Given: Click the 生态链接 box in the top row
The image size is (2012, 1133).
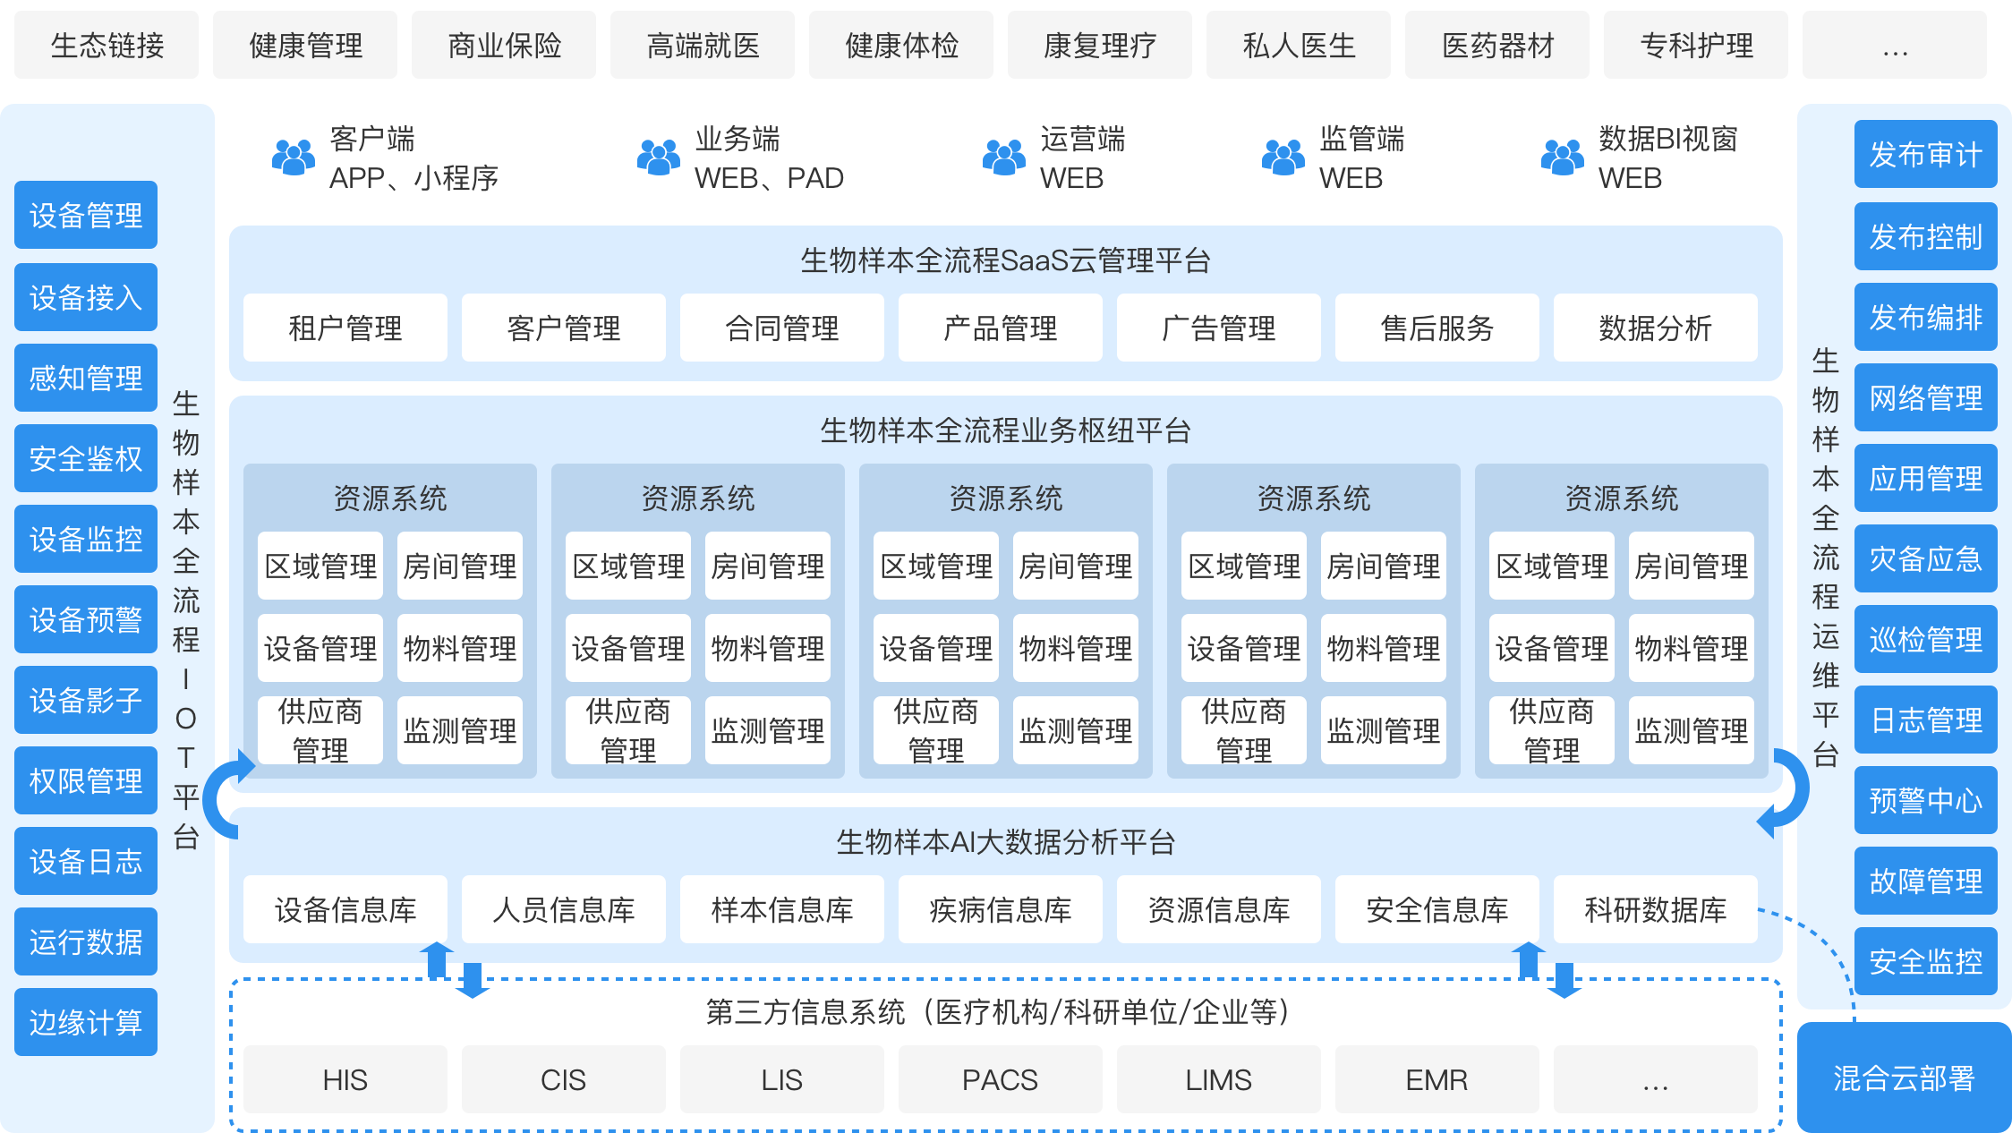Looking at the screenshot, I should click(x=107, y=46).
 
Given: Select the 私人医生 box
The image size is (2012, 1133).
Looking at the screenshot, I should click(x=1299, y=46).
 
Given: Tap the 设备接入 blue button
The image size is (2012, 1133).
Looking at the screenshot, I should click(x=86, y=297).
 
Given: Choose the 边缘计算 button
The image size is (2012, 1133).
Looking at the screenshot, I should click(x=86, y=1022).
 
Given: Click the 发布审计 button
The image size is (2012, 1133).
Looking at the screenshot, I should click(x=1925, y=155).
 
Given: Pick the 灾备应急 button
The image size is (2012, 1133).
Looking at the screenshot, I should click(x=1925, y=558).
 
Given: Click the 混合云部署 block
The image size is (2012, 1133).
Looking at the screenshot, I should click(x=1904, y=1078).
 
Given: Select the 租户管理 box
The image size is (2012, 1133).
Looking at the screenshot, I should click(x=345, y=328).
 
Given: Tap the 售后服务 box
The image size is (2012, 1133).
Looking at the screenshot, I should click(x=1437, y=328).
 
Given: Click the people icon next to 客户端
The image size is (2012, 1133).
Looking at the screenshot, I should click(x=293, y=158).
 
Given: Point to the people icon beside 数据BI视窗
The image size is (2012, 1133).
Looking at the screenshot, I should click(x=1562, y=158).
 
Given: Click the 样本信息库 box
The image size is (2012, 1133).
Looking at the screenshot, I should click(x=781, y=910).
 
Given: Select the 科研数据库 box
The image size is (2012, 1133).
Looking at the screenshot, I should click(x=1655, y=910).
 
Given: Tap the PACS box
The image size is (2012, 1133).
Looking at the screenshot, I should click(x=1000, y=1080).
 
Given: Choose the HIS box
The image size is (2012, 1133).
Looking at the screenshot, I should click(x=345, y=1080).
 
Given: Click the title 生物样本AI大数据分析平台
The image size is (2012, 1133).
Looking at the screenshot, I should click(x=1005, y=842).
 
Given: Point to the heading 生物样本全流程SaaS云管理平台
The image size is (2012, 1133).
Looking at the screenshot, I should click(x=1005, y=260).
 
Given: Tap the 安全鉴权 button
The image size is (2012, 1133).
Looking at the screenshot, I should click(x=86, y=458).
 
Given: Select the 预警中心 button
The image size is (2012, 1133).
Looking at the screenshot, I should click(x=1925, y=800).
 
